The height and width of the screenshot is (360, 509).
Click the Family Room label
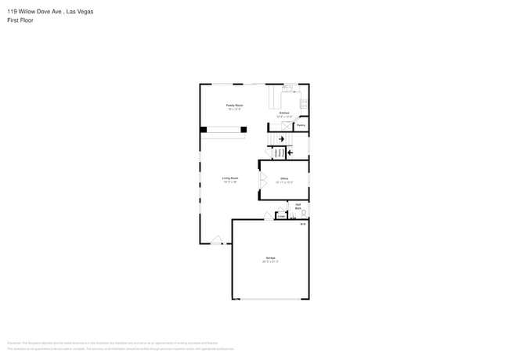coord(234,105)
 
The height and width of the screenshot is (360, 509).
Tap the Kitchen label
coord(285,113)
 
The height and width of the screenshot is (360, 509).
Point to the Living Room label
coord(230,178)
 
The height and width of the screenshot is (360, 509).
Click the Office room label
coord(284,178)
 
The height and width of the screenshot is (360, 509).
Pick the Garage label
coord(270,257)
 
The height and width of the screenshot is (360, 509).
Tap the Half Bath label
coord(298,206)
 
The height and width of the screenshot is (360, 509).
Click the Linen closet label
coord(281,216)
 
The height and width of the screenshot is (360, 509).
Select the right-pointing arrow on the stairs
coord(282,139)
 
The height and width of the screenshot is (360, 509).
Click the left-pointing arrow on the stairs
coord(292,152)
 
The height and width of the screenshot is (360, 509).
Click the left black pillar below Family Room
coord(204,129)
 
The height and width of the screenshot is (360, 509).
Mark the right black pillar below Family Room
coord(244,129)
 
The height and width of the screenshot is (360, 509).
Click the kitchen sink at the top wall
coord(287,88)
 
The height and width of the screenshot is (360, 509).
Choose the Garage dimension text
coord(270,262)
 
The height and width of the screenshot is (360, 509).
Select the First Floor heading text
coord(20,20)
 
